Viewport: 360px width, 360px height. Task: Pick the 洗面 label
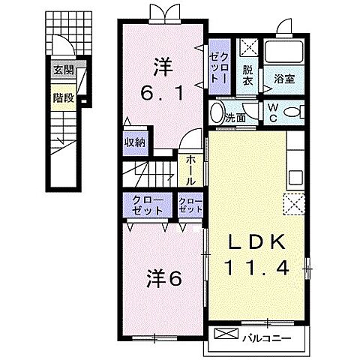point(236,118)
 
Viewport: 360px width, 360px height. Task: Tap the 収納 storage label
point(135,142)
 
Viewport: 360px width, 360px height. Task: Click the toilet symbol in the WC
point(295,112)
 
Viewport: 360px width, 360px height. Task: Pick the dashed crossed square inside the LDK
point(292,203)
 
